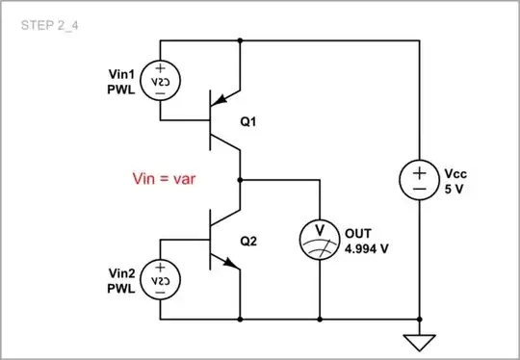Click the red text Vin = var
[x=164, y=179]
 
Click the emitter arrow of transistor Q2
[x=230, y=266]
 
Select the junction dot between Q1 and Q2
[x=239, y=179]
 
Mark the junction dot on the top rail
[x=239, y=40]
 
